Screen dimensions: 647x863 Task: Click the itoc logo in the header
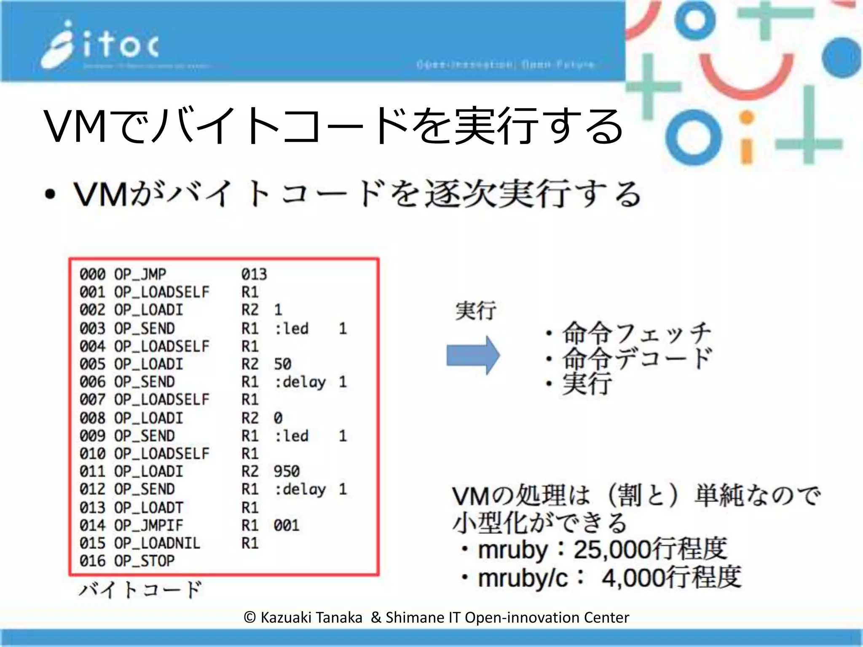(x=101, y=45)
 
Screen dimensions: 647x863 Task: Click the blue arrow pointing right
(x=473, y=355)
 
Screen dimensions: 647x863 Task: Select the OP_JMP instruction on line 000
(x=140, y=274)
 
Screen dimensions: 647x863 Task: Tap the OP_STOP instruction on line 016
(x=144, y=561)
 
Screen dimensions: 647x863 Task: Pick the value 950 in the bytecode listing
(x=287, y=471)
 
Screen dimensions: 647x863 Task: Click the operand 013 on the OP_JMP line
(x=254, y=274)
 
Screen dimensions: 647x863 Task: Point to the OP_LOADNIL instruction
(x=157, y=543)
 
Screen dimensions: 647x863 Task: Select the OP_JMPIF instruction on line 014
(x=148, y=525)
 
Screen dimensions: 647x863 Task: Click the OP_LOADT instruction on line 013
(x=148, y=507)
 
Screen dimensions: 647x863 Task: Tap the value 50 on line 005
(x=282, y=364)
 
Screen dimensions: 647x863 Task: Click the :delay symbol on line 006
(x=300, y=382)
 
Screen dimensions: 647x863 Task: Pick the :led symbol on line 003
(x=292, y=329)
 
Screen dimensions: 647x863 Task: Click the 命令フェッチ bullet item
(x=636, y=333)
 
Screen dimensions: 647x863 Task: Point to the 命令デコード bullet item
(x=636, y=358)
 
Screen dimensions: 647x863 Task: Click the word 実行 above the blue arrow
(x=476, y=311)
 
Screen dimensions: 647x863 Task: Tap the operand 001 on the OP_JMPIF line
(x=287, y=525)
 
